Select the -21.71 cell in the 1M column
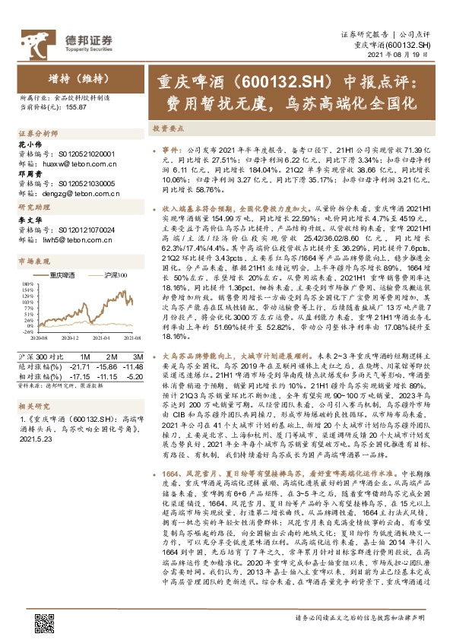82,366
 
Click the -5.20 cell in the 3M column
133,375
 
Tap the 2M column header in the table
111,357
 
